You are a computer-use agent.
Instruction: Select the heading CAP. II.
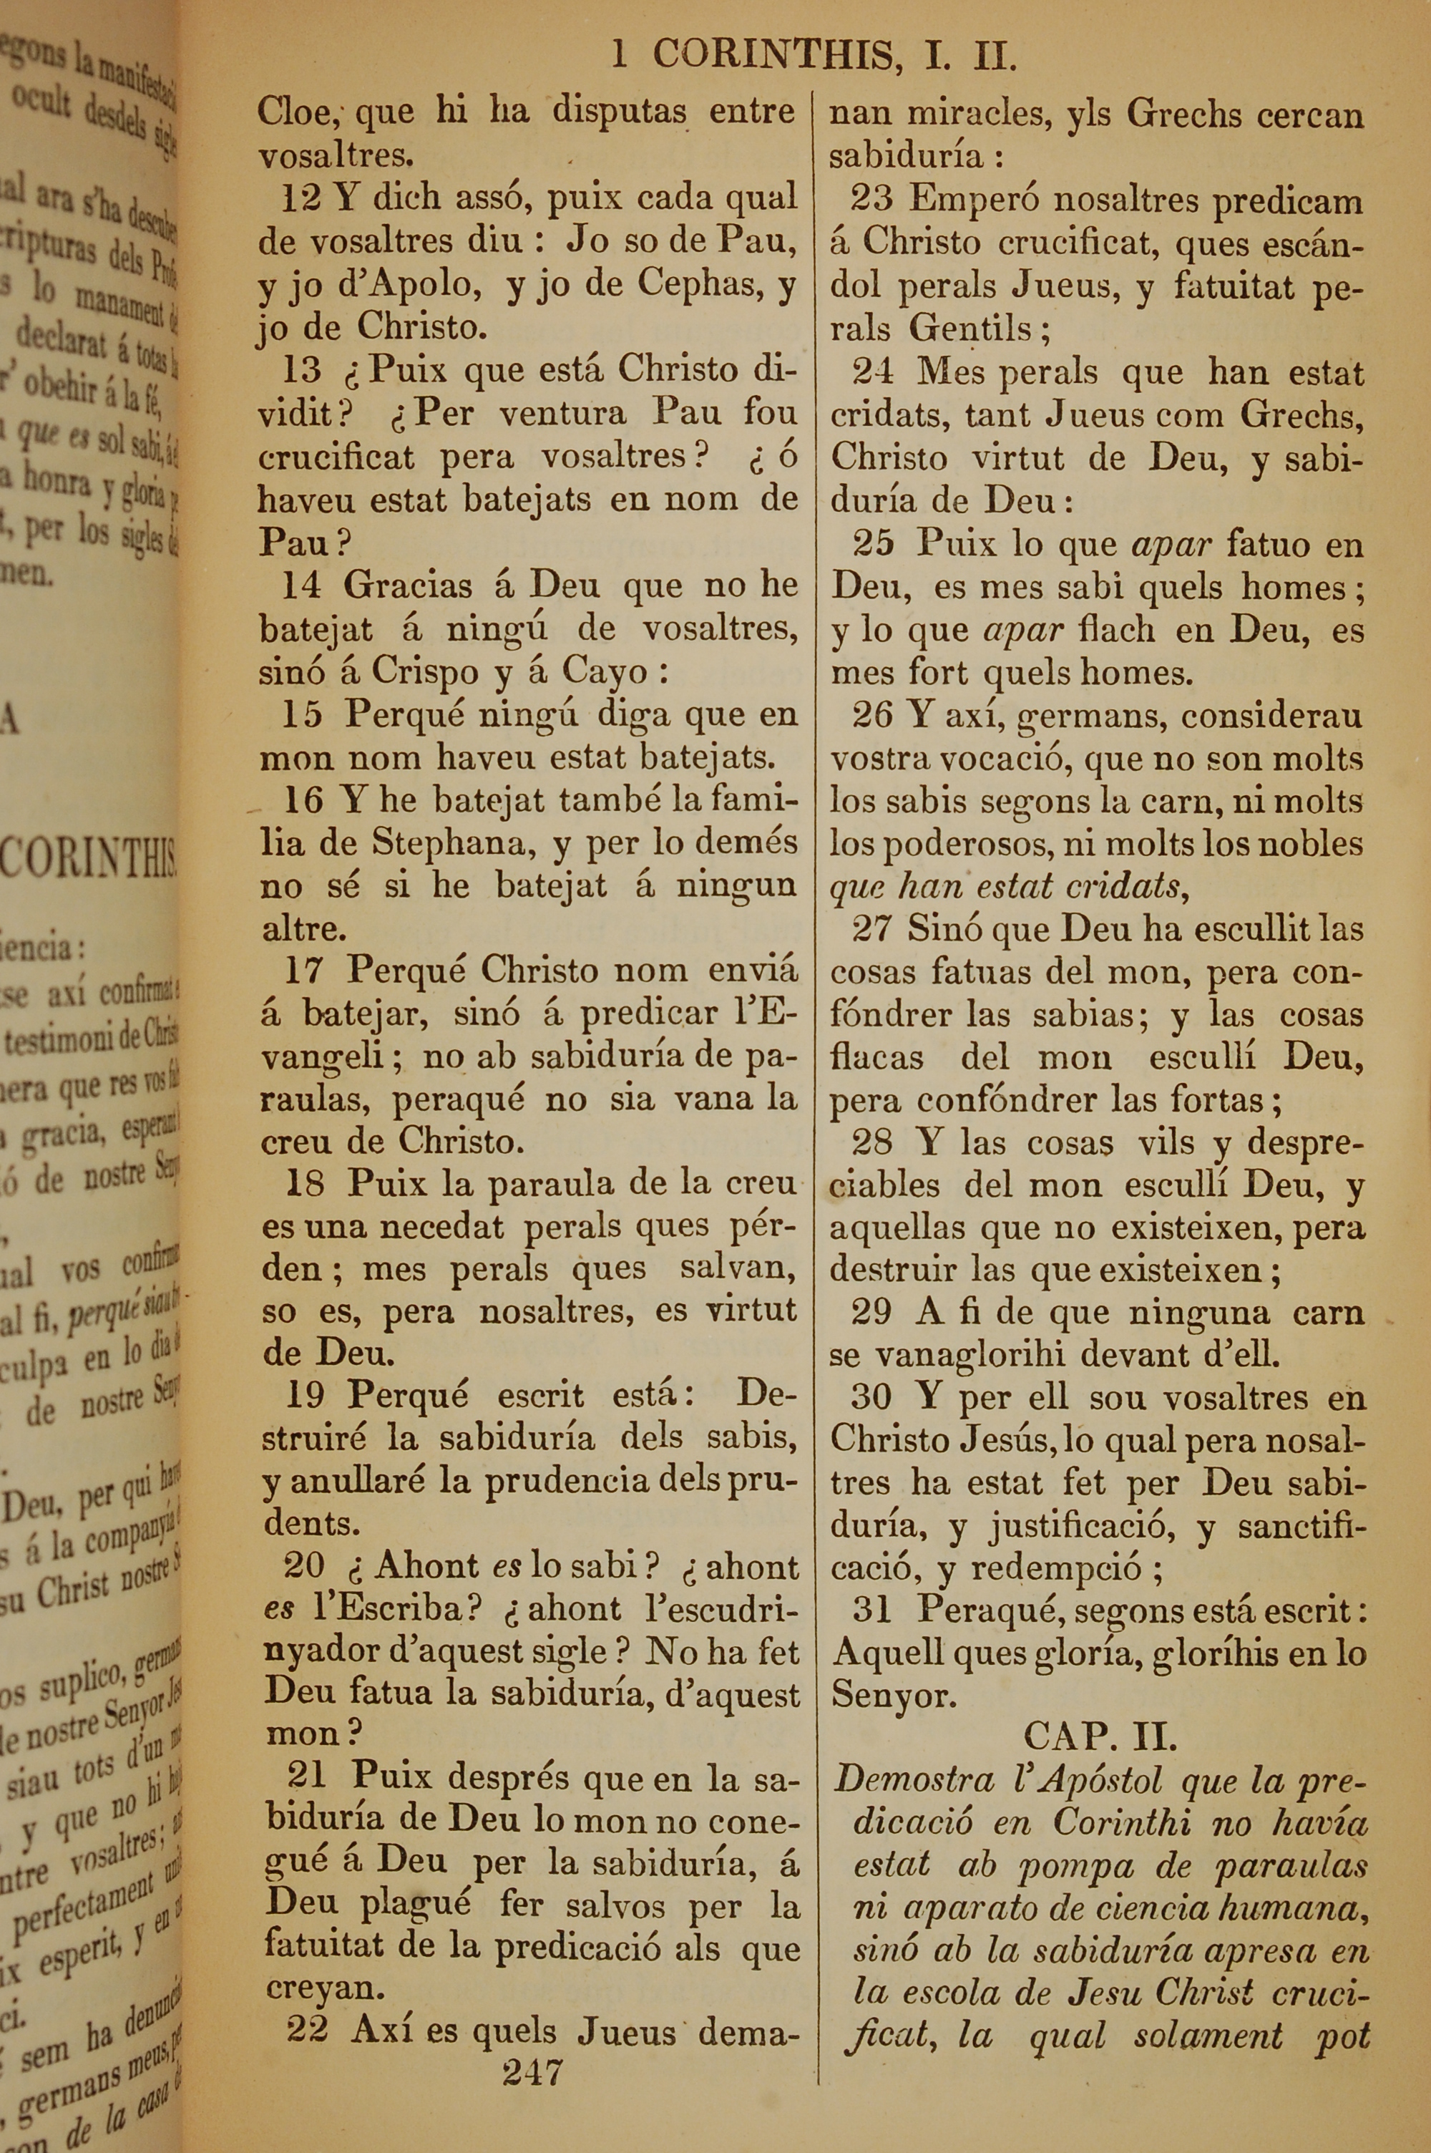[1099, 1735]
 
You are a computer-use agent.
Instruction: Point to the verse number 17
[306, 968]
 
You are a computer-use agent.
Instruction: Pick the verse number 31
[872, 1608]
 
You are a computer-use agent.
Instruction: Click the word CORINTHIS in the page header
[772, 57]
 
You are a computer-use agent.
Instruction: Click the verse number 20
[305, 1566]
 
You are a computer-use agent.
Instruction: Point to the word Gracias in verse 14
[407, 585]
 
